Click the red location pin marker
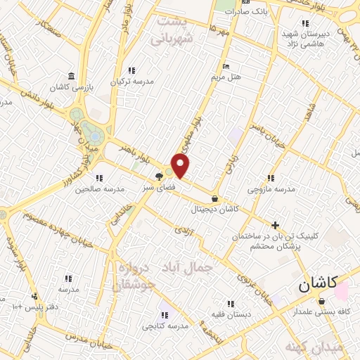[x=181, y=166]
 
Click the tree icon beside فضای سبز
[x=160, y=177]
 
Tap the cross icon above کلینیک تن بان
[x=275, y=226]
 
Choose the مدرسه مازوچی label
[x=271, y=189]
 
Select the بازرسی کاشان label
[x=70, y=86]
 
